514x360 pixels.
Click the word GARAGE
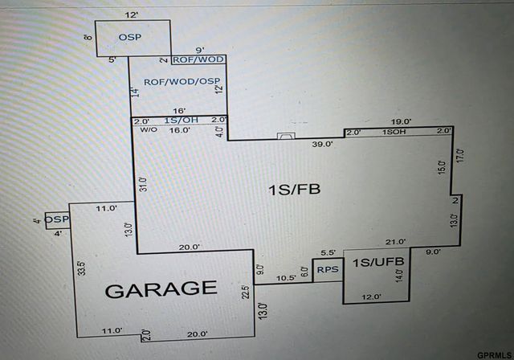point(161,289)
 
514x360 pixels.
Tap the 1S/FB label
point(294,190)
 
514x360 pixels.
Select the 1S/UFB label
point(378,262)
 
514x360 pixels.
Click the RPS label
point(328,269)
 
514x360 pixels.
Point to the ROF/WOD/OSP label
point(182,82)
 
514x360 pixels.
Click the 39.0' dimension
point(323,144)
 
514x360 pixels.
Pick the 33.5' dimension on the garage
point(82,268)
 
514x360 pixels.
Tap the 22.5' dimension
point(246,292)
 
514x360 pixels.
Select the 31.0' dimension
point(144,184)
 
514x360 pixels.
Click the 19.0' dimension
point(402,121)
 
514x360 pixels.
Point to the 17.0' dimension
point(460,156)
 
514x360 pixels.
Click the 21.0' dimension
point(395,242)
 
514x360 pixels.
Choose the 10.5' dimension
point(286,278)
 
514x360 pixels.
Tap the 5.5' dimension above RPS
point(328,252)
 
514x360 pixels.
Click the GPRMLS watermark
point(494,355)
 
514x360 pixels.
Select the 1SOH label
point(394,132)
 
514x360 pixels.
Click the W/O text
point(149,130)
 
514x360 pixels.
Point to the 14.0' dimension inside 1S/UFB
point(399,276)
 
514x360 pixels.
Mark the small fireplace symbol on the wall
point(286,136)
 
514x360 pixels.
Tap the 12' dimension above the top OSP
point(131,15)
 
